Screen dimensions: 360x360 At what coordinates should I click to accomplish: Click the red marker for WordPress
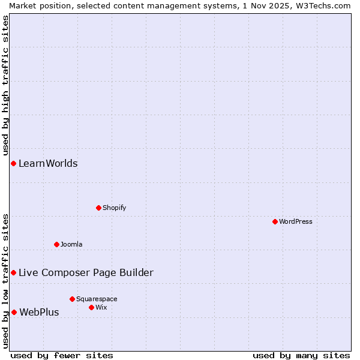[x=275, y=221]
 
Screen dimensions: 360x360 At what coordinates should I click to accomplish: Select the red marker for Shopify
[x=98, y=208]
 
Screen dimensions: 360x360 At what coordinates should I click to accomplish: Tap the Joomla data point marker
[x=56, y=244]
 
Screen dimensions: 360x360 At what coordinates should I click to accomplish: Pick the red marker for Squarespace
[x=72, y=299]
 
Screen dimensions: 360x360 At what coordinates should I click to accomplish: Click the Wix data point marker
[x=91, y=307]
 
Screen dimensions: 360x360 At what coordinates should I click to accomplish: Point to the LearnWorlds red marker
[x=13, y=163]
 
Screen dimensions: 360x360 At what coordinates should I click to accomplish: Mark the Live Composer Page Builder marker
[x=13, y=272]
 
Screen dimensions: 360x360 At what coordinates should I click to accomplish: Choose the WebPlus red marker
[x=14, y=312]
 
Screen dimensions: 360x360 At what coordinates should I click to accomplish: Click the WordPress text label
[x=296, y=221]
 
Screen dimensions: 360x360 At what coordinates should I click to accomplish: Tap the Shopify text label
[x=115, y=208]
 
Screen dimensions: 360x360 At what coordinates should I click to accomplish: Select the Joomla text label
[x=71, y=244]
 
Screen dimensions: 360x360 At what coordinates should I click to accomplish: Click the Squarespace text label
[x=97, y=299]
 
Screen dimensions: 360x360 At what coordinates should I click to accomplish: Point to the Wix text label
[x=101, y=307]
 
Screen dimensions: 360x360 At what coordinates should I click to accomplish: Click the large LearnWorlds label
[x=48, y=163]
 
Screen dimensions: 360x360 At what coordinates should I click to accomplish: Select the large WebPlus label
[x=39, y=312]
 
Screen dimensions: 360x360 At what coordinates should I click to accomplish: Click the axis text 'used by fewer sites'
[x=62, y=355]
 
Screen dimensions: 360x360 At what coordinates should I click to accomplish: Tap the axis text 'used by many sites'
[x=301, y=355]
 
